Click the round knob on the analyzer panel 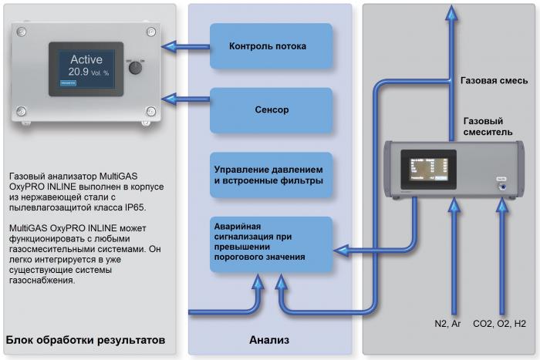point(135,68)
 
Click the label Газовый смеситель point(484,127)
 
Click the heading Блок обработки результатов point(84,340)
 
